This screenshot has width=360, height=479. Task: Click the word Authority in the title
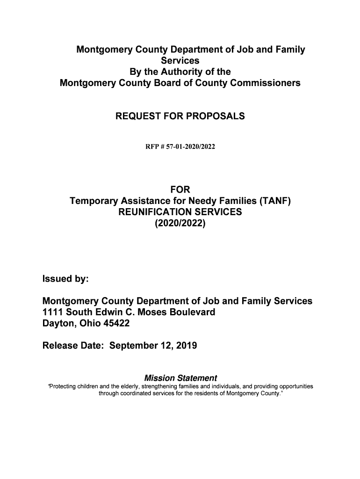180,72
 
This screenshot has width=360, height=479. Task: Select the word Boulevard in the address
191,312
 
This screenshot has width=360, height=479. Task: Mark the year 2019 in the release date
187,346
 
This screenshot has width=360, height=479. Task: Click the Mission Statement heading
180,378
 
